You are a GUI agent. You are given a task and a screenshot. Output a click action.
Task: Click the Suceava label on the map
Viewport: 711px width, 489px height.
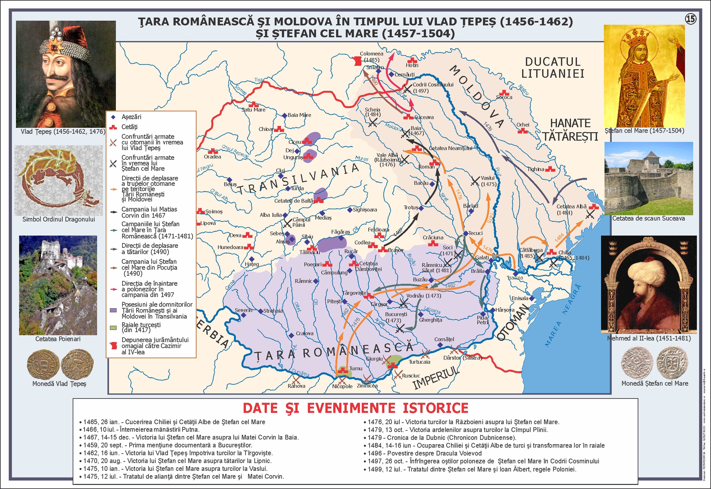coord(424,117)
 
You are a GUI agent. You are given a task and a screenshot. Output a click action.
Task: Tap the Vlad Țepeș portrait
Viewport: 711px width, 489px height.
coord(66,74)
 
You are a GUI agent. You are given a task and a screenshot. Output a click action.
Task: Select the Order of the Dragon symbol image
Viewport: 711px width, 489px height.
coord(59,180)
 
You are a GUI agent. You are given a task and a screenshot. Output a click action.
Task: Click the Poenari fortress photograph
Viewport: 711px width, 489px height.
coord(58,285)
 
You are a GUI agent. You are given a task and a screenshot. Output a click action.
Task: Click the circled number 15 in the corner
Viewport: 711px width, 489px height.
coord(691,19)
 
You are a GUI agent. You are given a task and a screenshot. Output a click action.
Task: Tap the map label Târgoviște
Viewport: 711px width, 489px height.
coord(354,293)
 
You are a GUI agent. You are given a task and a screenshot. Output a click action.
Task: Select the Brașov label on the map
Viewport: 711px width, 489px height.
coord(395,250)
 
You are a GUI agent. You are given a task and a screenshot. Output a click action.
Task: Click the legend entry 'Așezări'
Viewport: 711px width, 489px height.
coord(131,117)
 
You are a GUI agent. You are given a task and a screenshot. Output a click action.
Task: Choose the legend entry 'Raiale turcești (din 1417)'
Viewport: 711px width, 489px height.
coord(141,327)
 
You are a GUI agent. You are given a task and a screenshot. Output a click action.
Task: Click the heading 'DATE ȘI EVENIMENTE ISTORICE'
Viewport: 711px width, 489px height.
coord(355,408)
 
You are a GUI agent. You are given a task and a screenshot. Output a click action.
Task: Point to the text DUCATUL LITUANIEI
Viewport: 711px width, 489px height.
coord(553,68)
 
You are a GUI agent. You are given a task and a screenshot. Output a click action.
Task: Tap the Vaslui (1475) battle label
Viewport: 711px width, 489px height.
coord(488,181)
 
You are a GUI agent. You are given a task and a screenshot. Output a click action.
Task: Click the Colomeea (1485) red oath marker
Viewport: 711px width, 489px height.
coord(357,61)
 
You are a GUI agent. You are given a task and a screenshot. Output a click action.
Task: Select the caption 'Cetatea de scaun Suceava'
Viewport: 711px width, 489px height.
coord(648,219)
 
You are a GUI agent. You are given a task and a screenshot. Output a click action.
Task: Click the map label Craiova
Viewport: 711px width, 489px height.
coord(304,333)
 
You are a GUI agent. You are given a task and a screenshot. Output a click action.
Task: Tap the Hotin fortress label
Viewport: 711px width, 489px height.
coord(412,65)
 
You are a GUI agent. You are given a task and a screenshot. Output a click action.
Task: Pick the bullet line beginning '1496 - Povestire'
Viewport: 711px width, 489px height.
coord(424,453)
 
